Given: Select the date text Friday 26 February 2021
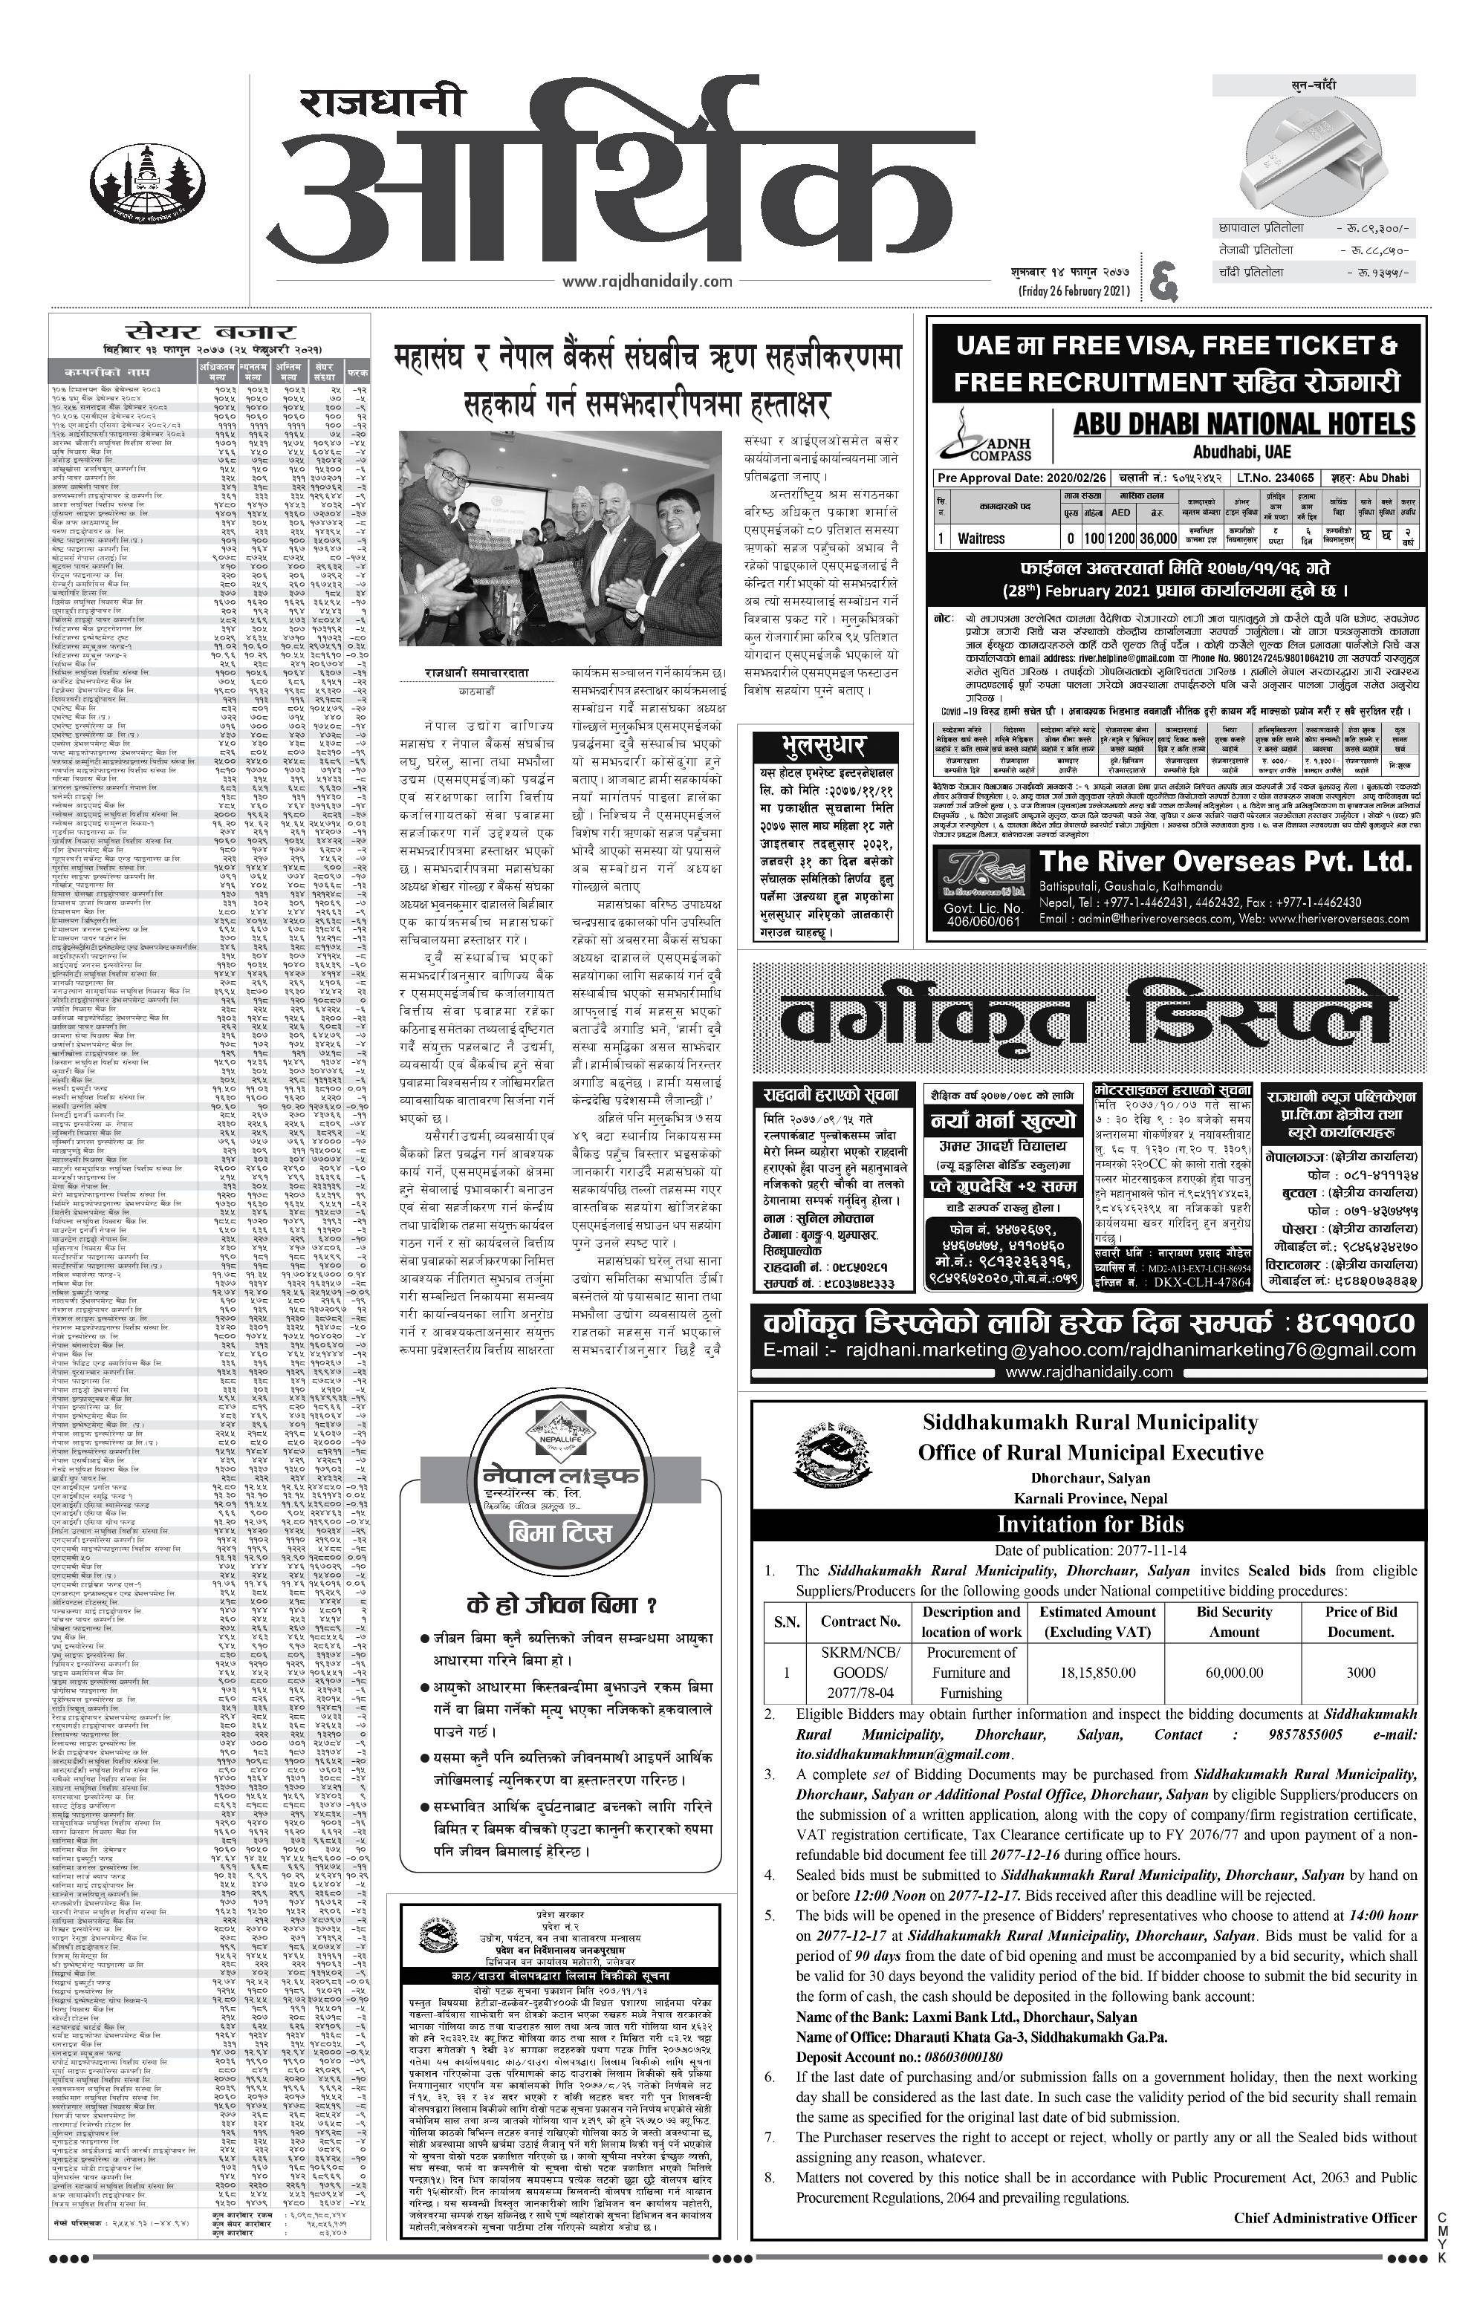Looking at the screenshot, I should click(1073, 291).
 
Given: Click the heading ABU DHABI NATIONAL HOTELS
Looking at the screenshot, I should click(1244, 424).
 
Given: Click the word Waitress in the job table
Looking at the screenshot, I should click(981, 539).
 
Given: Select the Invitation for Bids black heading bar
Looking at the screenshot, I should click(1089, 1523).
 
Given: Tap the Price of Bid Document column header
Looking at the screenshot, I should click(1360, 1621).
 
